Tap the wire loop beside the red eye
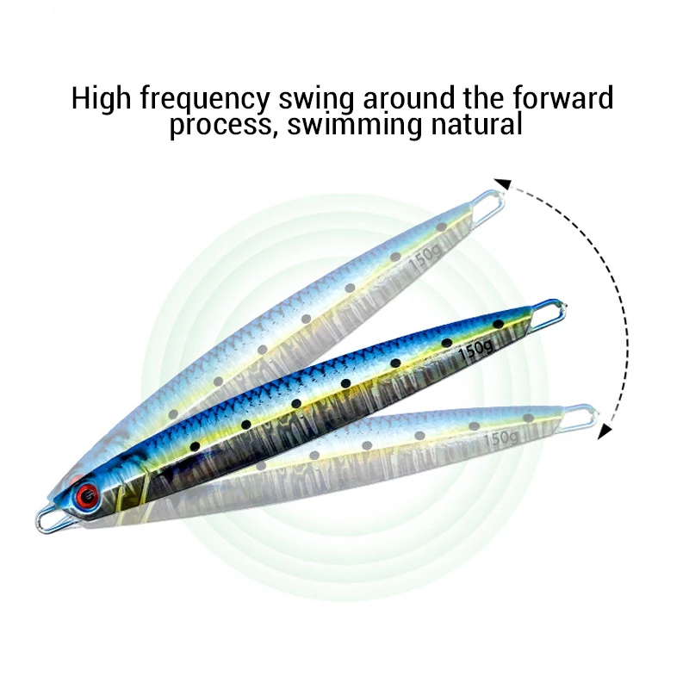pos(50,519)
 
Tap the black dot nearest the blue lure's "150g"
pos(446,343)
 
